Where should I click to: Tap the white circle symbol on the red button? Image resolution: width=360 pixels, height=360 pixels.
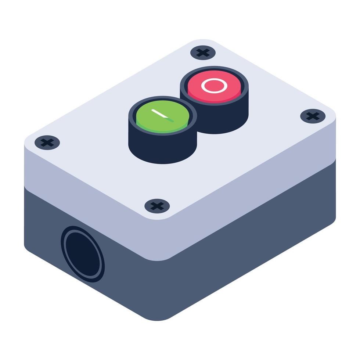click(214, 86)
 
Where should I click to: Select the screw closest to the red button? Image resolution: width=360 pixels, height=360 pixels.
click(203, 52)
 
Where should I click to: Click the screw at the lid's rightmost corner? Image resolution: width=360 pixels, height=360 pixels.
click(313, 116)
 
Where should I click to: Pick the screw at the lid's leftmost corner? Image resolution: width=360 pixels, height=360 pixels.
click(47, 142)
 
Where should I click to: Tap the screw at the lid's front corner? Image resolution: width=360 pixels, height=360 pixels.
click(157, 206)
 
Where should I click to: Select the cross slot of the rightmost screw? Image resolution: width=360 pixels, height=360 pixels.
click(313, 116)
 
